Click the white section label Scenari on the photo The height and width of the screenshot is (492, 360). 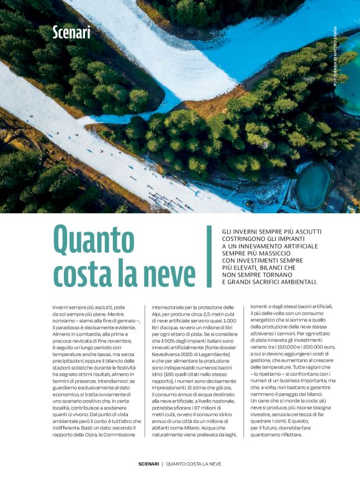coord(71,32)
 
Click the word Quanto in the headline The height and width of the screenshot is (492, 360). coord(94,239)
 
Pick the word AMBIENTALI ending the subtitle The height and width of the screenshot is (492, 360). coord(294,281)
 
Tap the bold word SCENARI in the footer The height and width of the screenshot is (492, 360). coord(148,464)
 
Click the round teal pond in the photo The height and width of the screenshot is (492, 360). coord(313,186)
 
